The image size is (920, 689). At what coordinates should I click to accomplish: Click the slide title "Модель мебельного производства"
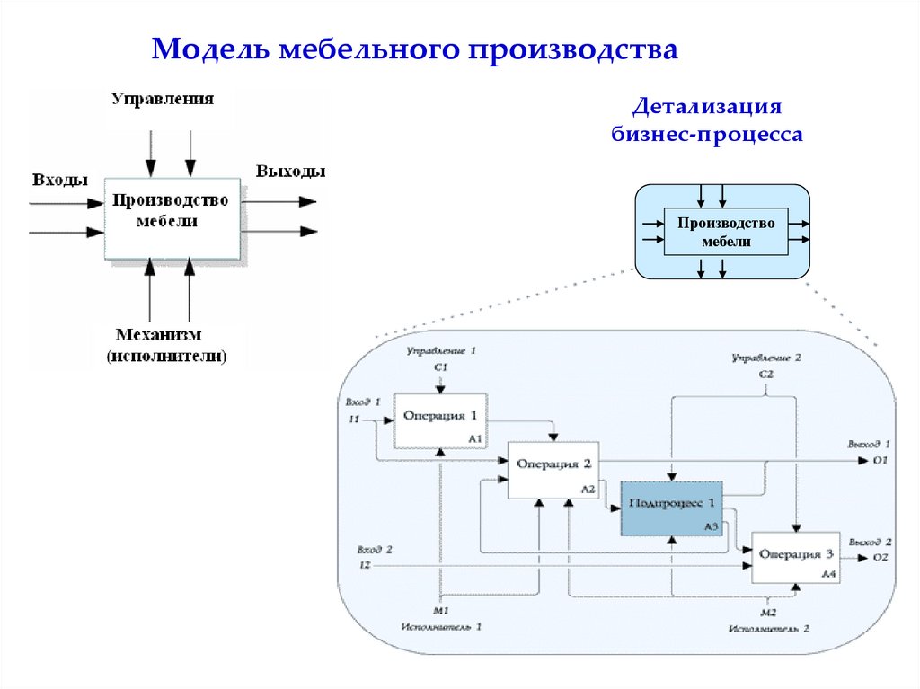414,49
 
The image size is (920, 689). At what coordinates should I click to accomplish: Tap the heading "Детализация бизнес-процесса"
706,120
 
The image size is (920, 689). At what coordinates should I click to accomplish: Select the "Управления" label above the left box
163,99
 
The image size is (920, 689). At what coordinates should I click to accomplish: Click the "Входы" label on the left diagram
60,180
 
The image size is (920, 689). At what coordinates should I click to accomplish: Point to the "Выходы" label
290,172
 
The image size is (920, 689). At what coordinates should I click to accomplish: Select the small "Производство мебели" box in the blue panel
725,232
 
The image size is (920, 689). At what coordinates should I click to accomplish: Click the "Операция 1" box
440,420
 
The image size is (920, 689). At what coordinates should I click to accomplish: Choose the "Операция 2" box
553,470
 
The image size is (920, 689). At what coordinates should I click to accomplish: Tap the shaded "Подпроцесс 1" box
672,508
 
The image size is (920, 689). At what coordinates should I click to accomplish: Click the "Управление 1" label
440,349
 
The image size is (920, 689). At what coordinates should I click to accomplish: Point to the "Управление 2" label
765,358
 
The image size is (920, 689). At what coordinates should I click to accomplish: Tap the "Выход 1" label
868,444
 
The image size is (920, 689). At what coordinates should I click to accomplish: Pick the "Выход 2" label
869,542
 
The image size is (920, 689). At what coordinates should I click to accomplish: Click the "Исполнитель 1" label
441,626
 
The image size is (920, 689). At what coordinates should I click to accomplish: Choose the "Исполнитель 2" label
769,628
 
